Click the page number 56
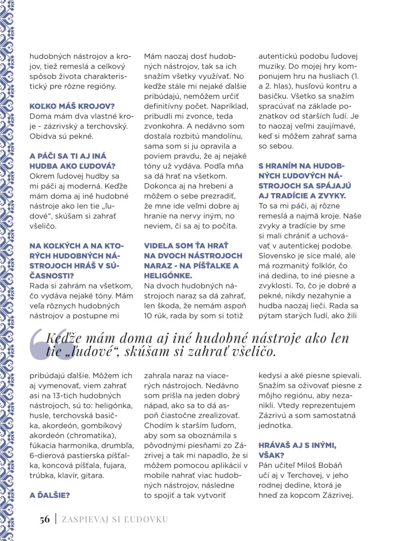pyautogui.click(x=44, y=519)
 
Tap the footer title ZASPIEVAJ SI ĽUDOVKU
pyautogui.click(x=114, y=519)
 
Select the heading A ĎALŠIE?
pyautogui.click(x=50, y=495)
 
